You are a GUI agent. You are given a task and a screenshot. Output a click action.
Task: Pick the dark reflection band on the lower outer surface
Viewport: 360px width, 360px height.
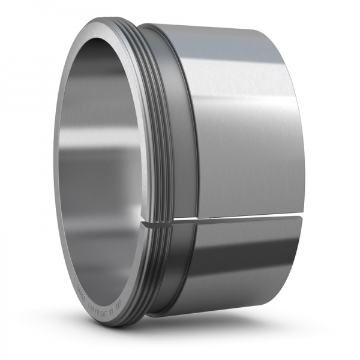pos(240,258)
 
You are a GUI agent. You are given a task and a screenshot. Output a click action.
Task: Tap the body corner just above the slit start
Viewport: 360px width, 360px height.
pos(197,214)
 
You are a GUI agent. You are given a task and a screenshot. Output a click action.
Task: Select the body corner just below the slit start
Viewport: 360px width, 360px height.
pos(197,223)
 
